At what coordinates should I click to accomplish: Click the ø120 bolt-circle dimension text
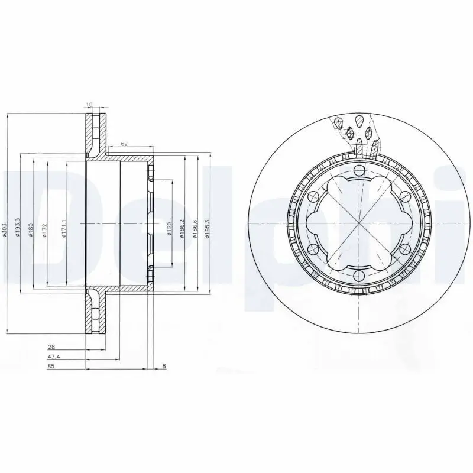pyautogui.click(x=170, y=229)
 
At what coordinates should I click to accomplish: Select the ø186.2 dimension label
pyautogui.click(x=183, y=228)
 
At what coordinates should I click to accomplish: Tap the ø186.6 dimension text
pyautogui.click(x=195, y=228)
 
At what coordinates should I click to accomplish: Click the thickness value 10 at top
pyautogui.click(x=89, y=105)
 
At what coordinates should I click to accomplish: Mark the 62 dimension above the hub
pyautogui.click(x=125, y=144)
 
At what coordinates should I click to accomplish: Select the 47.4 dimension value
pyautogui.click(x=54, y=358)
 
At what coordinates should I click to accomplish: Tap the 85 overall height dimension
pyautogui.click(x=53, y=367)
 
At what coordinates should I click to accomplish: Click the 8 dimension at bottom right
pyautogui.click(x=163, y=367)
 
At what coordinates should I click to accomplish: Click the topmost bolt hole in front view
pyautogui.click(x=359, y=171)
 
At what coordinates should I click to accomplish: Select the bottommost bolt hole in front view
pyautogui.click(x=359, y=276)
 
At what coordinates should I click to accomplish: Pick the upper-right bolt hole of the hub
pyautogui.click(x=404, y=197)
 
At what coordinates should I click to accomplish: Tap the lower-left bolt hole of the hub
pyautogui.click(x=313, y=249)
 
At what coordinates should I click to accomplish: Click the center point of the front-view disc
pyautogui.click(x=359, y=223)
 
